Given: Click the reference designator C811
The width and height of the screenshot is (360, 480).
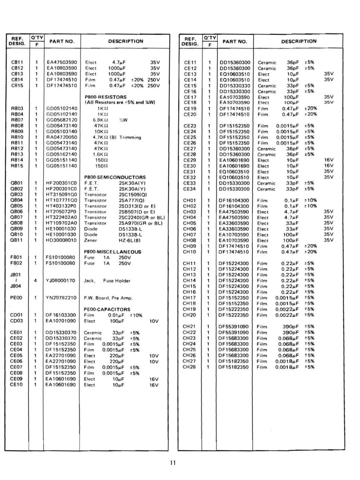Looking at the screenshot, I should pyautogui.click(x=17, y=62).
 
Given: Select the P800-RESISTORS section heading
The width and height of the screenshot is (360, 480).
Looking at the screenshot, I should pyautogui.click(x=106, y=97).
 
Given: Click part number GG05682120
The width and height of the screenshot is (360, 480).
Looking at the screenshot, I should pyautogui.click(x=61, y=120).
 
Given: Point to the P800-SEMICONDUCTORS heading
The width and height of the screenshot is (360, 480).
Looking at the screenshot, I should pyautogui.click(x=115, y=177).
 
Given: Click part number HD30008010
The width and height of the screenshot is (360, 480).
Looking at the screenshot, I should pyautogui.click(x=61, y=240).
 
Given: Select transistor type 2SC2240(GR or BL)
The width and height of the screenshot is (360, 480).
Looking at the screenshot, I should pyautogui.click(x=142, y=217).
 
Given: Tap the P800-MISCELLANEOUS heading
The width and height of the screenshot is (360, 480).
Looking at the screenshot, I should pyautogui.click(x=113, y=252).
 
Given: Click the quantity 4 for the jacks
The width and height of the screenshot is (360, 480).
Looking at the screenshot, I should pyautogui.click(x=36, y=281).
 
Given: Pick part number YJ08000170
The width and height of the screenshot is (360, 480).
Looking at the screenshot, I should pyautogui.click(x=61, y=281).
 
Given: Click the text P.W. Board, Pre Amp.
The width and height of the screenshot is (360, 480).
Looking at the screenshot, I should pyautogui.click(x=108, y=298).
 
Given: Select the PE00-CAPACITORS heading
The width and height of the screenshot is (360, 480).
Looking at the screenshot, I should pyautogui.click(x=107, y=309).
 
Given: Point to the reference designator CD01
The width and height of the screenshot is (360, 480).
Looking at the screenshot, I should pyautogui.click(x=16, y=315).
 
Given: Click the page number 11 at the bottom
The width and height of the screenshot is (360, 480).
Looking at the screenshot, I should pyautogui.click(x=173, y=463).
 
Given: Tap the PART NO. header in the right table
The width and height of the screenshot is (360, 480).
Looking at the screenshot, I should pyautogui.click(x=234, y=41).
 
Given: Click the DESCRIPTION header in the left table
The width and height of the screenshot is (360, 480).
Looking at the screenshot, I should pyautogui.click(x=126, y=41).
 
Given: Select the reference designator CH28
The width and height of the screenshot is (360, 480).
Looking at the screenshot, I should pyautogui.click(x=189, y=367).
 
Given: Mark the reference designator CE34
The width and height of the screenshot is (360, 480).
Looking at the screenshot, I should pyautogui.click(x=190, y=189).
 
